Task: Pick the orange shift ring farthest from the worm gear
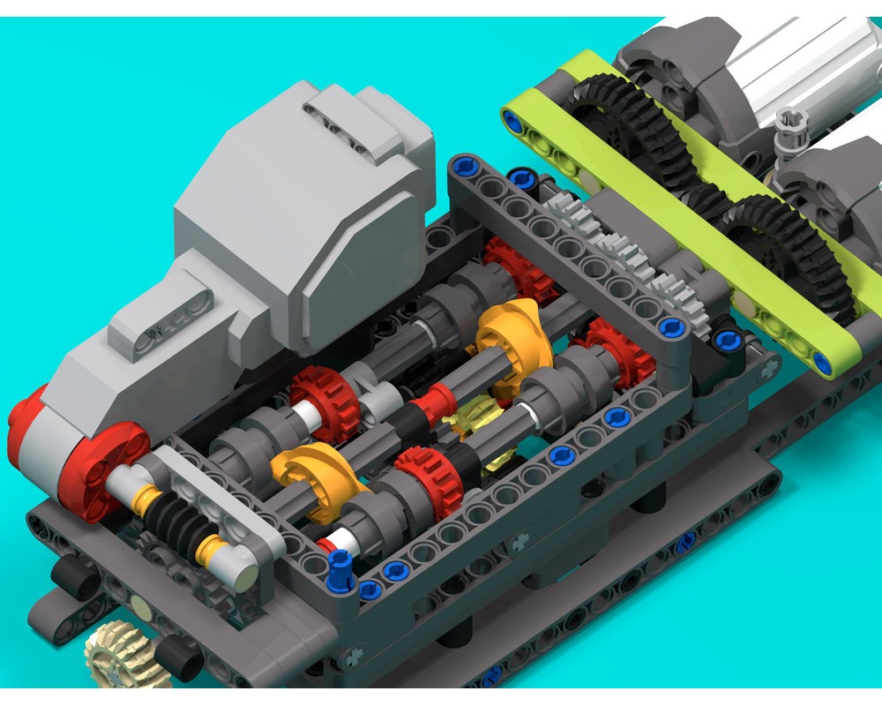tap(512, 335)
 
